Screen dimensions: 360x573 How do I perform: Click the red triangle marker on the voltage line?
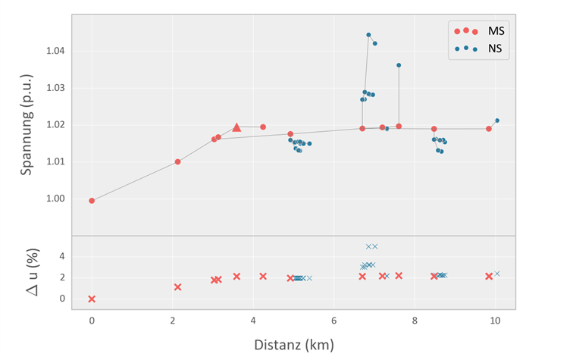tap(236, 127)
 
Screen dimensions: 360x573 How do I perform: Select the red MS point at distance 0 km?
tap(92, 201)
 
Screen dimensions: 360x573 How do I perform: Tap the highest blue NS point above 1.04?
tap(368, 35)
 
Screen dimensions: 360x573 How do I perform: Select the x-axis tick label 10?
tap(495, 321)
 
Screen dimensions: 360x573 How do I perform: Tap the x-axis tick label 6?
tap(334, 321)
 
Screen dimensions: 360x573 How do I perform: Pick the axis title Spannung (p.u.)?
tap(27, 124)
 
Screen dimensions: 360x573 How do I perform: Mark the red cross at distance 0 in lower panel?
tap(92, 299)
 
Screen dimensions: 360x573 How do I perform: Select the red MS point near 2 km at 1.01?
tap(177, 161)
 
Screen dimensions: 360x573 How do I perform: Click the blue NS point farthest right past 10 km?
tap(497, 121)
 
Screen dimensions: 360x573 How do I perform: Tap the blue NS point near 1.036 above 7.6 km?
tap(399, 65)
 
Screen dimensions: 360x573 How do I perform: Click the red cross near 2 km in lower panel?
tap(177, 287)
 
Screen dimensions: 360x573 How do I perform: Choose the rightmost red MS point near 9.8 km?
tap(489, 129)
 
